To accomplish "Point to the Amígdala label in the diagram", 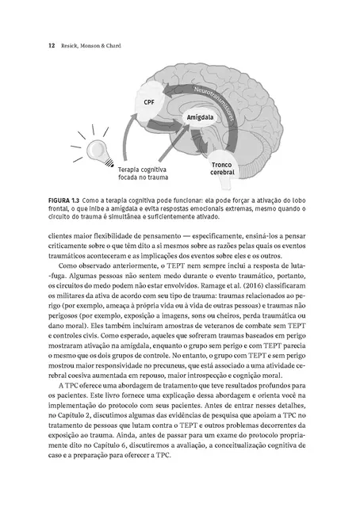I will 201,117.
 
